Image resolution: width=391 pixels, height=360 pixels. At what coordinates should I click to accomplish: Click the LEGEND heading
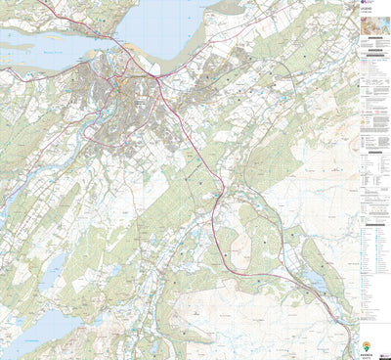(370, 21)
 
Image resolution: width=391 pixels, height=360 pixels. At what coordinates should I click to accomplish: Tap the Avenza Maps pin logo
(367, 345)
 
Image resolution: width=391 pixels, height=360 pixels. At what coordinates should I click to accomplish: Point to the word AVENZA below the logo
(367, 354)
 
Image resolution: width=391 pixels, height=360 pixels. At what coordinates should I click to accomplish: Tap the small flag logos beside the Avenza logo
(380, 345)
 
